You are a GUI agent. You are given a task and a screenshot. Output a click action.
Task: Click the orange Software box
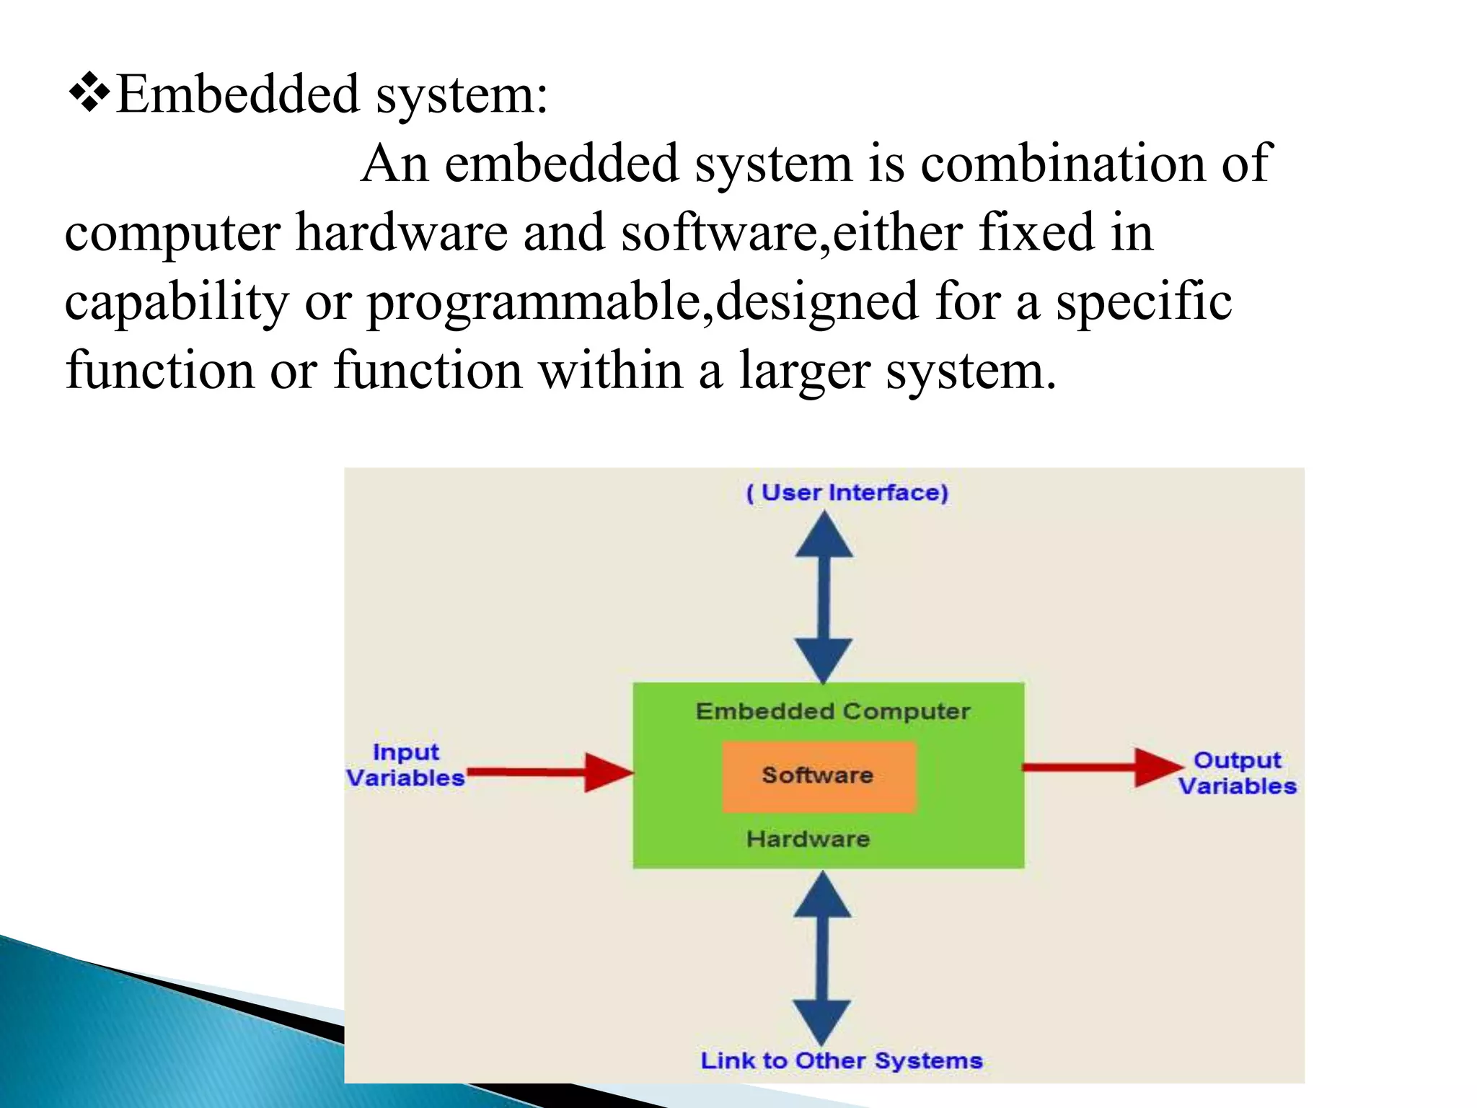(x=819, y=776)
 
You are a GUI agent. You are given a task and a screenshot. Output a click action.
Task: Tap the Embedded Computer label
(x=832, y=711)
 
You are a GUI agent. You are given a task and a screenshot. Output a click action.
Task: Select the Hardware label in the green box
(x=808, y=839)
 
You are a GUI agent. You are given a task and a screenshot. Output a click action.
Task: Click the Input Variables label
(x=405, y=765)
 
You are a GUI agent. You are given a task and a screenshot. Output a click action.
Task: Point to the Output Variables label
(x=1237, y=773)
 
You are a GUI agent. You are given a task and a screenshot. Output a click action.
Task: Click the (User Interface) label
(x=847, y=493)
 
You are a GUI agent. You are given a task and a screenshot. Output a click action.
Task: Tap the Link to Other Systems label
(x=841, y=1060)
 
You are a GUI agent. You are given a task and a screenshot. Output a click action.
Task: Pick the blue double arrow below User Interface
(x=824, y=597)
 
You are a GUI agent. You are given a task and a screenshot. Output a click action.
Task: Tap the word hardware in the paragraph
(x=402, y=233)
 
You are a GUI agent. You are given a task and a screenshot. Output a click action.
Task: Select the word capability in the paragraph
(x=177, y=302)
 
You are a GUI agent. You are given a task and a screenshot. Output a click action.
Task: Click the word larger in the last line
(x=804, y=371)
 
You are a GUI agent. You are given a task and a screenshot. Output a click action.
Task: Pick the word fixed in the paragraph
(x=1036, y=233)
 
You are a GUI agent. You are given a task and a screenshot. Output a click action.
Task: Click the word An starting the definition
(x=394, y=164)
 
